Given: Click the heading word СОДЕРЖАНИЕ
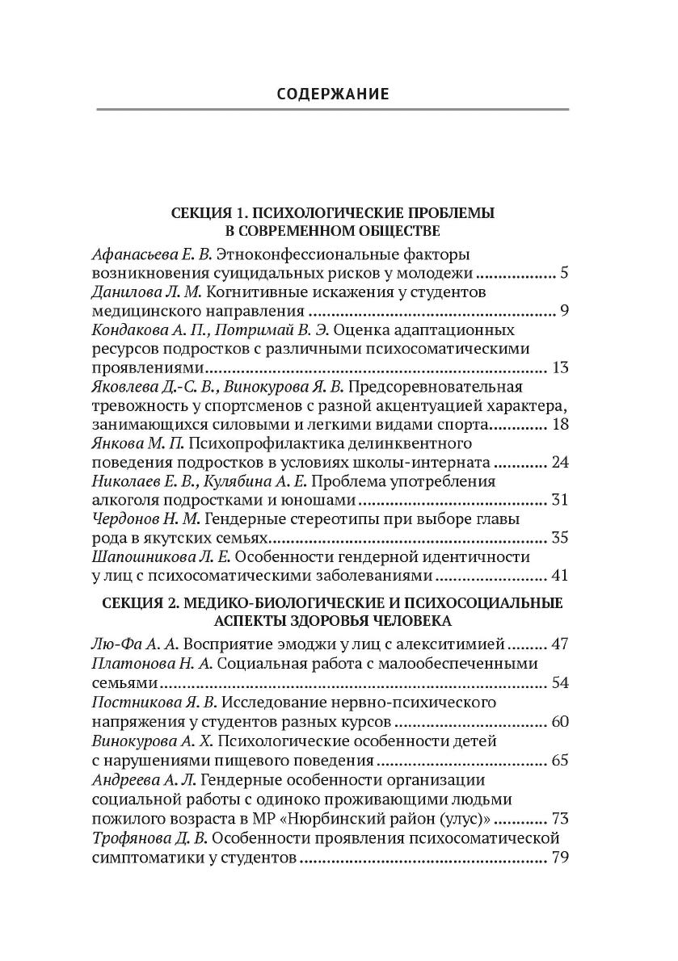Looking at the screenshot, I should (x=332, y=94).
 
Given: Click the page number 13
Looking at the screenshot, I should (x=561, y=367).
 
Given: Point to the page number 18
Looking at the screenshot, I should (x=560, y=425).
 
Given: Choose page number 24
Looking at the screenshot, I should (x=560, y=464).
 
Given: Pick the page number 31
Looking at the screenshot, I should (x=560, y=501).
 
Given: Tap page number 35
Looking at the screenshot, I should (x=560, y=539).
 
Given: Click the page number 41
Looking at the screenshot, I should (x=560, y=577).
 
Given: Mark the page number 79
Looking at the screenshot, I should (x=560, y=855).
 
